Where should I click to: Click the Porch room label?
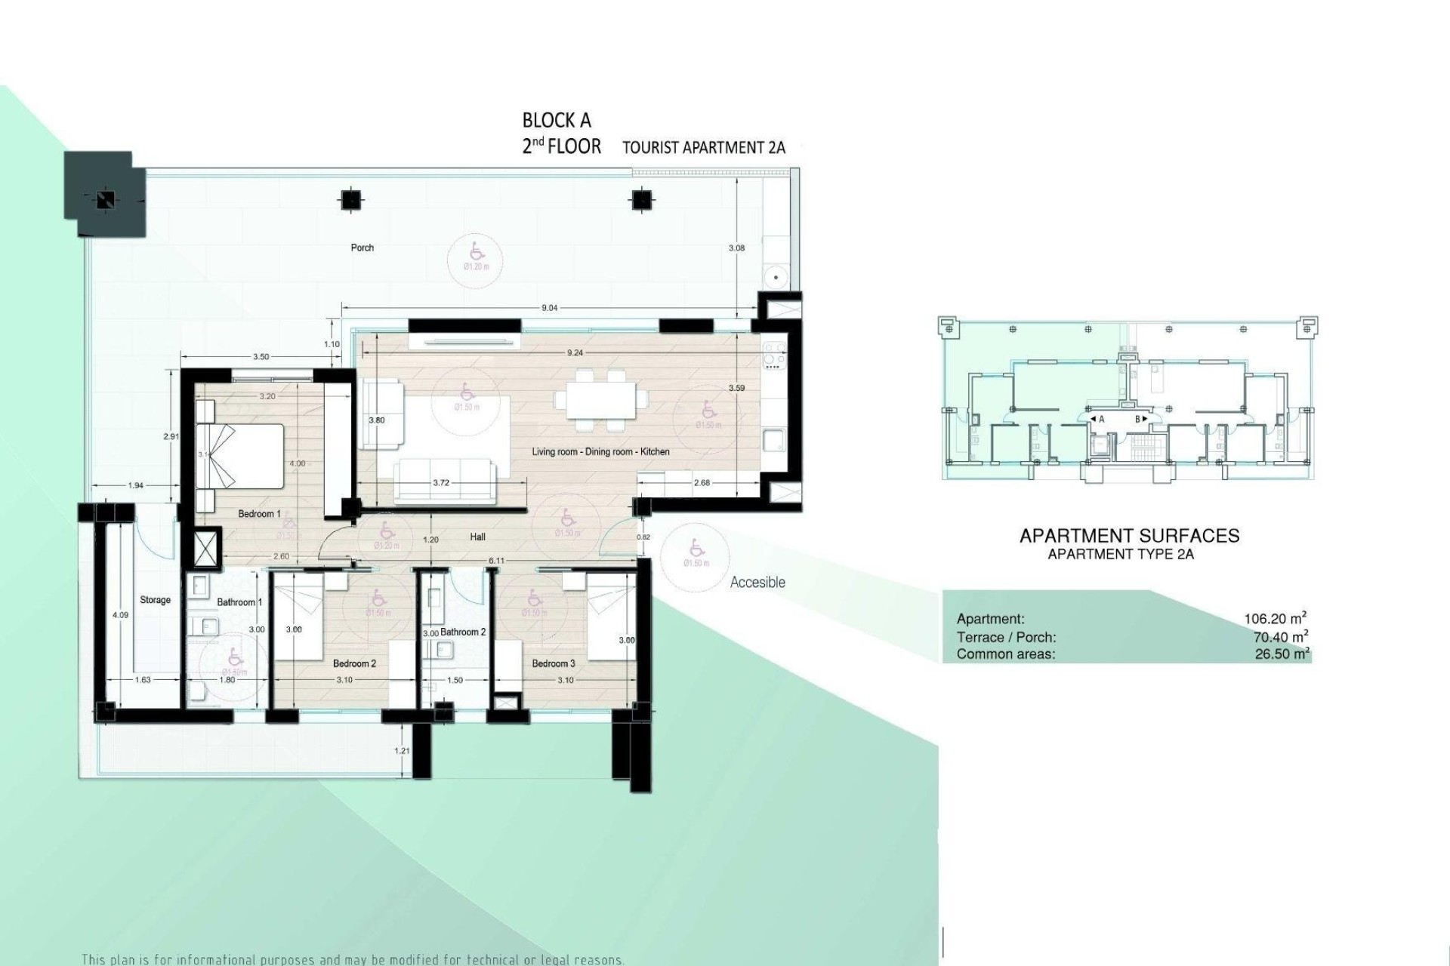(x=362, y=248)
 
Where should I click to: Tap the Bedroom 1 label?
(x=259, y=514)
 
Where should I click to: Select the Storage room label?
(x=155, y=600)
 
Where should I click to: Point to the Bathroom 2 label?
(x=463, y=632)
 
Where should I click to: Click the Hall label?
(x=477, y=537)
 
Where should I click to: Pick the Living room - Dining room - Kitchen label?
(x=600, y=451)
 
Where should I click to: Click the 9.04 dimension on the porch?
(x=550, y=308)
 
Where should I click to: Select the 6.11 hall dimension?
(x=496, y=561)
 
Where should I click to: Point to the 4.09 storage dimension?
(x=120, y=615)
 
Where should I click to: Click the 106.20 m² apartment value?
(x=1276, y=619)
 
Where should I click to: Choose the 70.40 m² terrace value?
(x=1280, y=637)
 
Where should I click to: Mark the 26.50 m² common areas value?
(x=1282, y=654)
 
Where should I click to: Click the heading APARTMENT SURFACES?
(x=1129, y=536)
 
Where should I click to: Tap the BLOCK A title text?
(x=557, y=121)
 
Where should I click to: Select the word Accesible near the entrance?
(x=757, y=582)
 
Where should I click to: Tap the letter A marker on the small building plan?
(x=1101, y=419)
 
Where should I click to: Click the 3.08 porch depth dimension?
(x=736, y=248)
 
